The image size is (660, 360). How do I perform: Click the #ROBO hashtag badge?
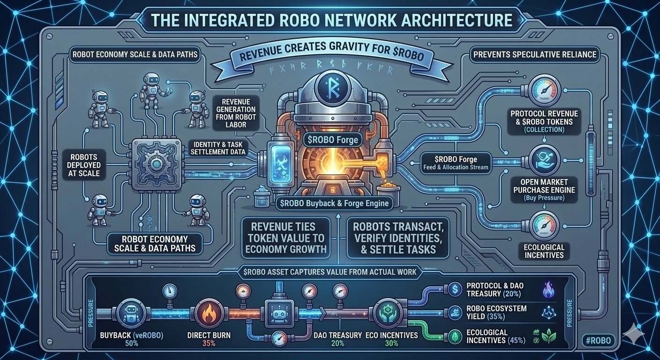(x=598, y=340)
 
